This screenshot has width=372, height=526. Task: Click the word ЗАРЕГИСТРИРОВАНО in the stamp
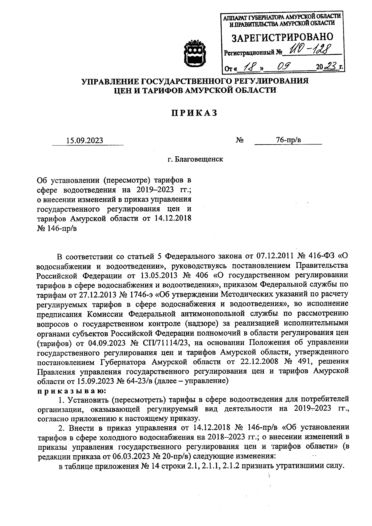(283, 38)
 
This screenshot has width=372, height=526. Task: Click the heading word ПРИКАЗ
(194, 114)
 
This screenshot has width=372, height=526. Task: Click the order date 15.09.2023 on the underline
(84, 141)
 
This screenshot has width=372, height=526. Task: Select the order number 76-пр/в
(288, 140)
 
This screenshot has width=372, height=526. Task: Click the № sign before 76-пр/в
(239, 140)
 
